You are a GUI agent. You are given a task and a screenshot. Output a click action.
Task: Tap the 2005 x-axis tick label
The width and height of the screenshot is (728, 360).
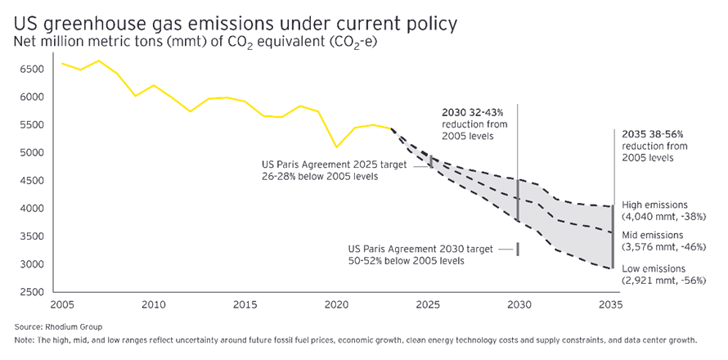[61, 305]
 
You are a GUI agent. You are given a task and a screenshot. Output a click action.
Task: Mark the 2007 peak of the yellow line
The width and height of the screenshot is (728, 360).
[99, 61]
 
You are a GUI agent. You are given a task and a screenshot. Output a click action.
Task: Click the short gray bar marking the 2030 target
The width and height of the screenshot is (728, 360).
[517, 249]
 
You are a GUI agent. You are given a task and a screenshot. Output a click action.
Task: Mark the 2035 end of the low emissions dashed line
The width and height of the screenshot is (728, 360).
[613, 268]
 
